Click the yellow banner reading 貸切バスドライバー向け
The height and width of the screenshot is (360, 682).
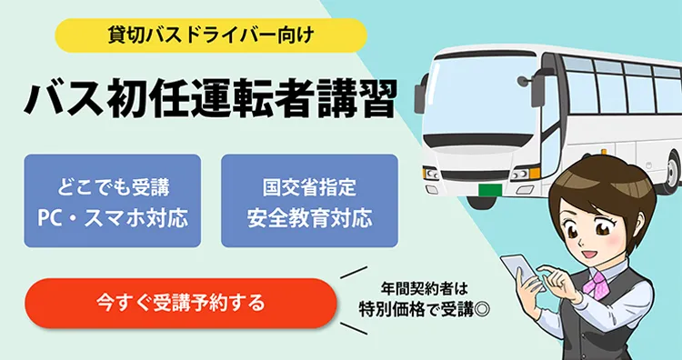pos(210,36)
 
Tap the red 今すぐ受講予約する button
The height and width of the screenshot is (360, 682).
pos(180,303)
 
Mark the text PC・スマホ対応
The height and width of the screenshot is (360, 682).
pos(112,218)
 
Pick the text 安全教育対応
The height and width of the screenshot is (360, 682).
pos(309,218)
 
